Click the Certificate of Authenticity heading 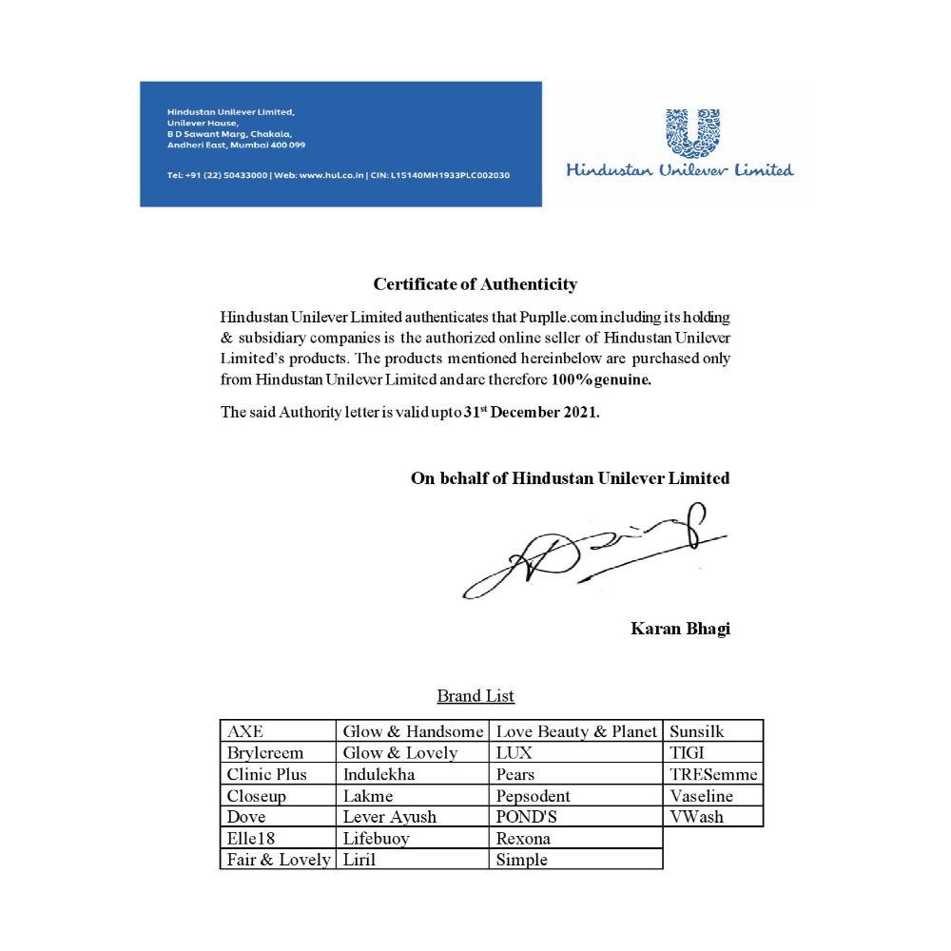point(475,283)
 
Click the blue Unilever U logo point(692,132)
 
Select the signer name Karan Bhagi point(680,629)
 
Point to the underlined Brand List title point(475,696)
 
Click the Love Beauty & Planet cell point(576,731)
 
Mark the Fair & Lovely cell point(279,860)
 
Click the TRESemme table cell point(713,774)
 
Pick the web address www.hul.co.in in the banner point(332,175)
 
